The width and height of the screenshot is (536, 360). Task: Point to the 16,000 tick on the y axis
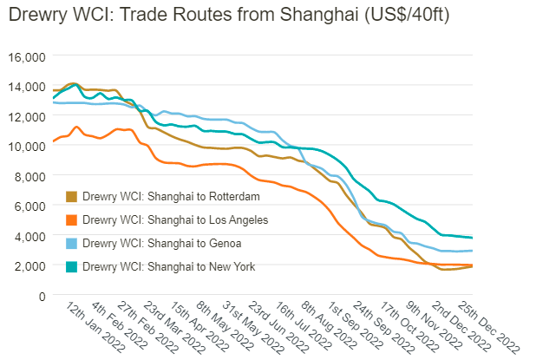click(x=27, y=57)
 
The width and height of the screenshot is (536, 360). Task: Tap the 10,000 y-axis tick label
click(x=27, y=147)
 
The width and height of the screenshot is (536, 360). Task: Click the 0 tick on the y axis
click(x=40, y=296)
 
